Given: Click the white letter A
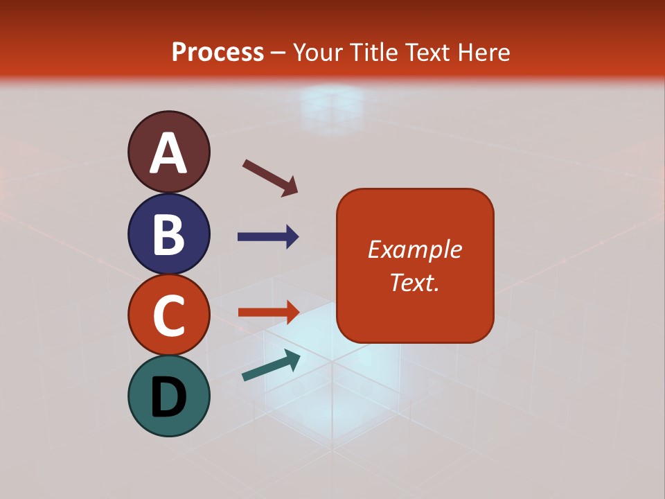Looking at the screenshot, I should pos(168,153).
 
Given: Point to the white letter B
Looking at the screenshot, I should pos(168,234).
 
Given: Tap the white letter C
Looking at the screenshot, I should pos(168,316).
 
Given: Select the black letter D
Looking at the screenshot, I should pos(168,397).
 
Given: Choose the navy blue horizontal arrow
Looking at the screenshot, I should pos(268,237).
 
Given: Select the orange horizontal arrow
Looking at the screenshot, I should pos(268,312).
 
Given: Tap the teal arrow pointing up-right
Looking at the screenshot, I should pos(271,365).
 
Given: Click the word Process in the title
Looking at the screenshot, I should pos(218,53).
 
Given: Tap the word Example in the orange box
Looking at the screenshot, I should pos(414,249).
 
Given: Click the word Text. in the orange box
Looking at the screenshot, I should pos(414,283).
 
